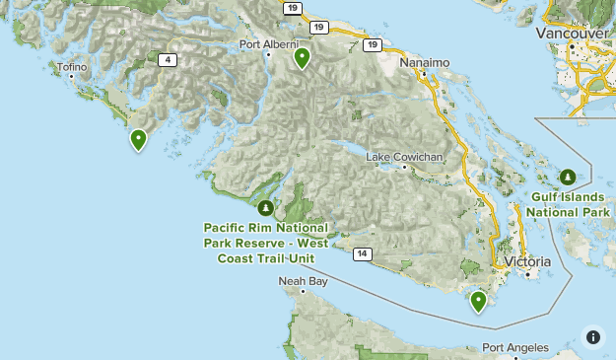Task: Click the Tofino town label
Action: (72, 67)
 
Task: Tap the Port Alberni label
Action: (269, 44)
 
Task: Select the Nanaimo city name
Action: (425, 62)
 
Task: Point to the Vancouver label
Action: (572, 34)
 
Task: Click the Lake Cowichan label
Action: (404, 157)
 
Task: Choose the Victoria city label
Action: (528, 262)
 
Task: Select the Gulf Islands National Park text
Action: (568, 204)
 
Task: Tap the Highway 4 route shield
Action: (170, 60)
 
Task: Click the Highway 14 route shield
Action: (363, 254)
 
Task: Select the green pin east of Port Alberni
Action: (303, 58)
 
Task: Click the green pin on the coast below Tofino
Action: (139, 140)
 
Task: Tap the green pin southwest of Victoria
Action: (479, 301)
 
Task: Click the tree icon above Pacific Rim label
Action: (266, 207)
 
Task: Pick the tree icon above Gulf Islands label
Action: (569, 177)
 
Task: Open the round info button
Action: (592, 336)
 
